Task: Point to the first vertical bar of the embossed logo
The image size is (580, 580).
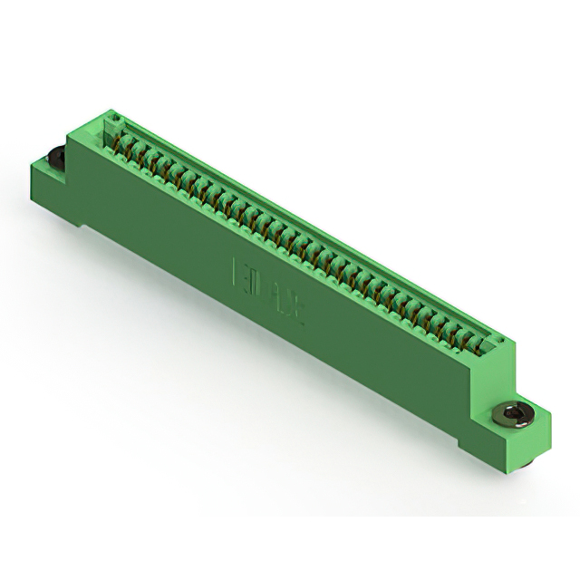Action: (238, 268)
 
